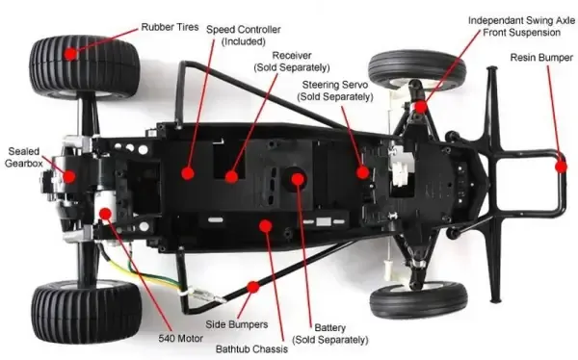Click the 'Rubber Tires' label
point(170,27)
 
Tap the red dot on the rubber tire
point(70,54)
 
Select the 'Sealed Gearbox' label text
point(23,157)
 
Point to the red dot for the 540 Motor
point(105,214)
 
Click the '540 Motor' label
point(181,338)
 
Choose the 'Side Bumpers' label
point(237,324)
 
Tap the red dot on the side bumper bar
point(253,287)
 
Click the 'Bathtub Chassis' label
point(251,349)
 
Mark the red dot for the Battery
point(298,179)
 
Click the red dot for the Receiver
point(231,177)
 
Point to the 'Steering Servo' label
point(335,90)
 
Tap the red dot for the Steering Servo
point(363,172)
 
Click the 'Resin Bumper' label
point(541,58)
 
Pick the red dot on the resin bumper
point(561,167)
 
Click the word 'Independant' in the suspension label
point(495,20)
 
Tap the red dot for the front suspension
point(421,107)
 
